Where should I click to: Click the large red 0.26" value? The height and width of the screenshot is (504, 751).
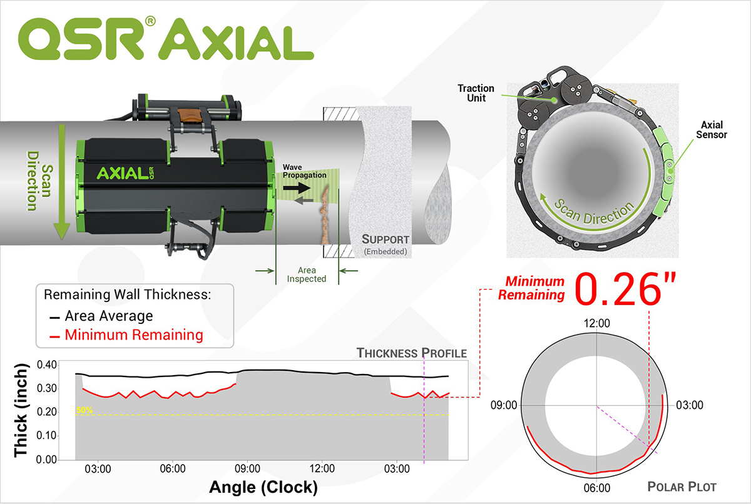pyautogui.click(x=630, y=290)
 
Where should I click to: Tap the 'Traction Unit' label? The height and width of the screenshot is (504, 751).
pyautogui.click(x=476, y=94)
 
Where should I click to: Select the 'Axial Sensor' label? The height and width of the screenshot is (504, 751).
pyautogui.click(x=710, y=130)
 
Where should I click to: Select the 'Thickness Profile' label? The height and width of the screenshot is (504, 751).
pyautogui.click(x=411, y=353)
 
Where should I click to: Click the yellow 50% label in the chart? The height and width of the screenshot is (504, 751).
pyautogui.click(x=84, y=410)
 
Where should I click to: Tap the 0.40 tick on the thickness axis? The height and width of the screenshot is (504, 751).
pyautogui.click(x=47, y=365)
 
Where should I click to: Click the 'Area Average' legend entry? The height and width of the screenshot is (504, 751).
pyautogui.click(x=108, y=316)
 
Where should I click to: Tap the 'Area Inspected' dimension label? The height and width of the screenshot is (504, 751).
pyautogui.click(x=307, y=274)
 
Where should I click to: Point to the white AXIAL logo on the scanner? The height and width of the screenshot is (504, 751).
pyautogui.click(x=119, y=172)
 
